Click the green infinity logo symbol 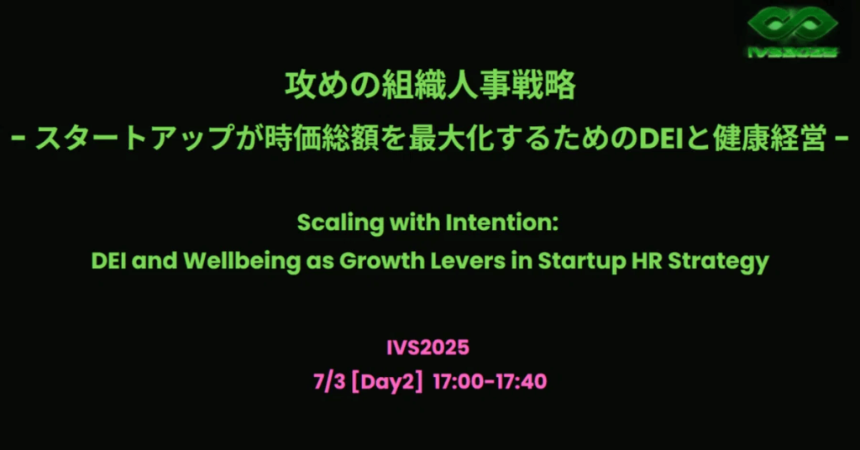(793, 24)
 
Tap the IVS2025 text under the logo (793, 52)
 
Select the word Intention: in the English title (502, 222)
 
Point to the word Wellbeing (242, 261)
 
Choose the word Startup (581, 261)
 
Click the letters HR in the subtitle (647, 260)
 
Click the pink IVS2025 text (427, 348)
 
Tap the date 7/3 (329, 381)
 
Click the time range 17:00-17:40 (490, 381)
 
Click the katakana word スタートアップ (134, 139)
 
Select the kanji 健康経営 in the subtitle (769, 139)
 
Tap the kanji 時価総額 (321, 139)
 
